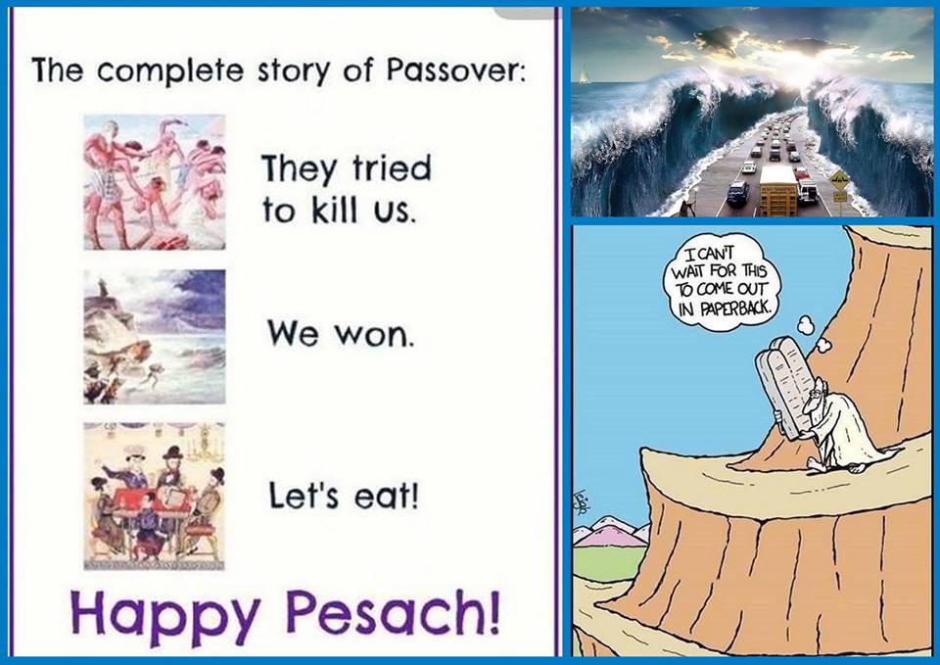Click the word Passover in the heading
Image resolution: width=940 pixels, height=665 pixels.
click(x=455, y=71)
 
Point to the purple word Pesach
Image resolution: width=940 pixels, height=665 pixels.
click(x=392, y=612)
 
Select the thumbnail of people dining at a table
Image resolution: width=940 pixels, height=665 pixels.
click(x=154, y=496)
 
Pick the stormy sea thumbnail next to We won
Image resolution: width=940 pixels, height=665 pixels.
click(x=154, y=336)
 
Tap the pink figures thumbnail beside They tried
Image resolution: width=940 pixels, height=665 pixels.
click(x=154, y=182)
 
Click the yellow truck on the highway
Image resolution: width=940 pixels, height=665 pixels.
click(x=777, y=191)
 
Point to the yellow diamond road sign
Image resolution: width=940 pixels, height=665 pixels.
click(x=839, y=179)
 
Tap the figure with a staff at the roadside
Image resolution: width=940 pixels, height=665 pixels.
click(x=685, y=207)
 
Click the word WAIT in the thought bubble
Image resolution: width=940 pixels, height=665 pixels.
click(x=689, y=270)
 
